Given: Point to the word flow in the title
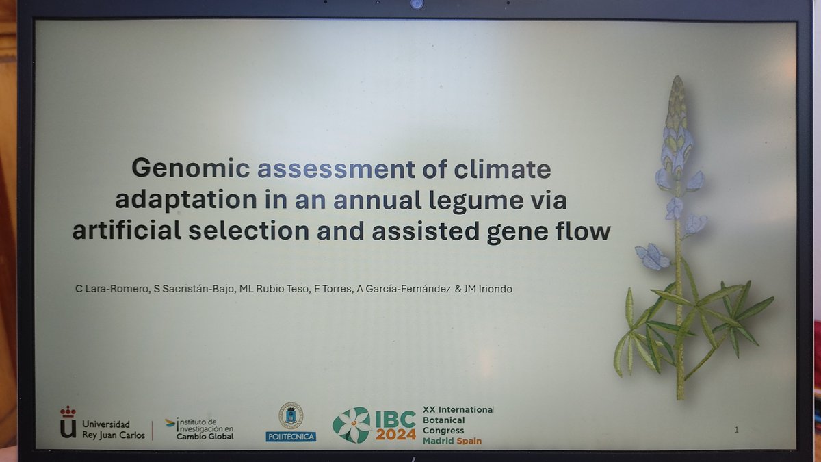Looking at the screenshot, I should tap(582, 231).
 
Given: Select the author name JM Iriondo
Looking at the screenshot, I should tap(488, 290).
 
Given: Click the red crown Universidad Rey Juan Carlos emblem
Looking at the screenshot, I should tap(68, 422).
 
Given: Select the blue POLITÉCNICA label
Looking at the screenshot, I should tap(291, 436).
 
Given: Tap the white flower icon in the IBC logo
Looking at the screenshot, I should tap(351, 425).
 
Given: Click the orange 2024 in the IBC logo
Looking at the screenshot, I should tap(395, 435).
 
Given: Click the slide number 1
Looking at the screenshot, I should tap(736, 430).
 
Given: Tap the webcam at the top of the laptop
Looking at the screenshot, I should tap(416, 4).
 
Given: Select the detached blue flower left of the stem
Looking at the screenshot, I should tap(652, 257).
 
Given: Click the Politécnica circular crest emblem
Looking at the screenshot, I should tap(291, 415).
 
